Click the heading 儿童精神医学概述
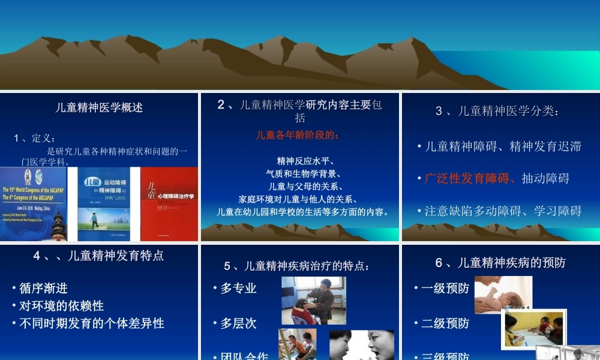tap(99, 108)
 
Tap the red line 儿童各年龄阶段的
tap(298, 134)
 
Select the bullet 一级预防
tap(445, 288)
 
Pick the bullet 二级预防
tap(445, 323)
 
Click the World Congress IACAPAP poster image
tap(34, 204)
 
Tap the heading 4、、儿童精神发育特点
tap(99, 256)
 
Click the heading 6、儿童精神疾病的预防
tap(500, 263)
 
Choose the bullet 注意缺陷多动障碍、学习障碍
tap(503, 211)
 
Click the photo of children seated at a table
tap(533, 329)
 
